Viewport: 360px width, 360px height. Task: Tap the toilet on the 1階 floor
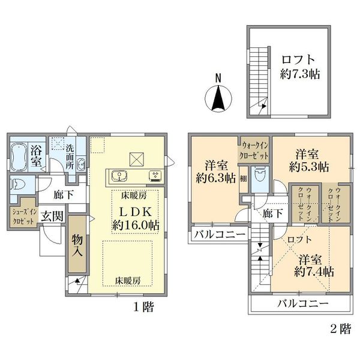16,184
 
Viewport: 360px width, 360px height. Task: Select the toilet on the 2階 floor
260,175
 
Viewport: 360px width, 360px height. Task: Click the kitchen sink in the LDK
119,176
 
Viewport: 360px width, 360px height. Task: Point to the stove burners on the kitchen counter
156,176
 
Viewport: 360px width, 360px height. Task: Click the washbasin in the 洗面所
80,164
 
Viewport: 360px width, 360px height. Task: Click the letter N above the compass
218,78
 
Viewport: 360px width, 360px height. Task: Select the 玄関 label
52,216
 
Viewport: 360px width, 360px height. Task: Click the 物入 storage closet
77,244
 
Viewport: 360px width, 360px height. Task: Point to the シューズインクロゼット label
24,217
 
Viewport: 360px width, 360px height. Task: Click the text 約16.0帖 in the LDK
136,225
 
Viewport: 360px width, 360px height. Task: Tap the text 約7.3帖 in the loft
300,74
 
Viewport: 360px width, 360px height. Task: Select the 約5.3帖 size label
309,167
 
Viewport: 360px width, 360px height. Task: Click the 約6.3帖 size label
216,178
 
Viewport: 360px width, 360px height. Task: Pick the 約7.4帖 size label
314,272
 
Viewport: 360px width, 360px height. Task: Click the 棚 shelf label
244,178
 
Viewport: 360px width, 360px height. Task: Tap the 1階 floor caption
144,307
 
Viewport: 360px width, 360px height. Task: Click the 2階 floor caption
341,329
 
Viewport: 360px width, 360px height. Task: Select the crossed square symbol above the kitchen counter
137,160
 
